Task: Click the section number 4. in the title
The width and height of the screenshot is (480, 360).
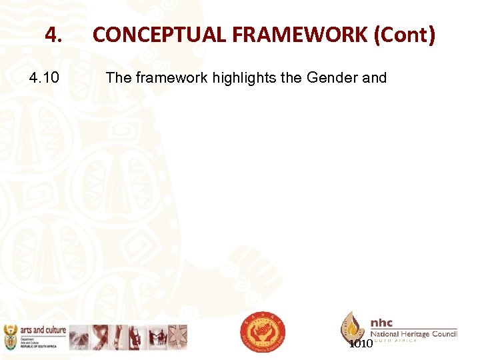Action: coord(53,35)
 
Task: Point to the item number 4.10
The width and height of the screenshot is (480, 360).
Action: coord(45,78)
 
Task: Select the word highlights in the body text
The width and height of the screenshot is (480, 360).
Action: coord(244,78)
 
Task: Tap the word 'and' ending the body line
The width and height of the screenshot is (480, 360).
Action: coord(374,78)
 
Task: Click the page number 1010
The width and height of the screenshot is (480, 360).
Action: coord(361,344)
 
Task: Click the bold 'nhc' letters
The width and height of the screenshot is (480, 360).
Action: coord(382,322)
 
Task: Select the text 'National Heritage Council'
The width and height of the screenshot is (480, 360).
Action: coord(413,333)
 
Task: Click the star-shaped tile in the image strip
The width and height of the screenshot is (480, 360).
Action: coord(177,337)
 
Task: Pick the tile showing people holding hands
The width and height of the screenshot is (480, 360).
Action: coord(158,337)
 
